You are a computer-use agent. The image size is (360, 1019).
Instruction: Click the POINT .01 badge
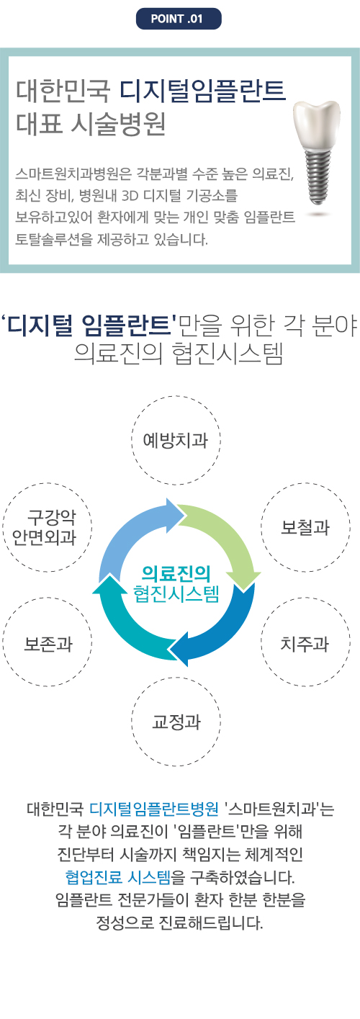pyautogui.click(x=179, y=19)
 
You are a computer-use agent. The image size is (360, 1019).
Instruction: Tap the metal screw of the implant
pyautogui.click(x=316, y=177)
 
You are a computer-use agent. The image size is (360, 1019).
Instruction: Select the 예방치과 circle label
pyautogui.click(x=176, y=440)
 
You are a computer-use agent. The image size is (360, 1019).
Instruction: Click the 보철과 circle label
pyautogui.click(x=305, y=527)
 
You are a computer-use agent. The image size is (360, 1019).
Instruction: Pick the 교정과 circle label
pyautogui.click(x=176, y=722)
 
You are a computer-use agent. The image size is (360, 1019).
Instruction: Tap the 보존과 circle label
pyautogui.click(x=48, y=643)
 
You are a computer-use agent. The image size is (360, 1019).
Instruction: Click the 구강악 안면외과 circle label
pyautogui.click(x=48, y=527)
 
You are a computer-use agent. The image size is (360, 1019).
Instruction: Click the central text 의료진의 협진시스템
pyautogui.click(x=176, y=583)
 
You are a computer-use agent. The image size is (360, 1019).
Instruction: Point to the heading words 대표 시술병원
pyautogui.click(x=91, y=124)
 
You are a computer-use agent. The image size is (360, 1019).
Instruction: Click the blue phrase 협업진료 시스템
pyautogui.click(x=118, y=876)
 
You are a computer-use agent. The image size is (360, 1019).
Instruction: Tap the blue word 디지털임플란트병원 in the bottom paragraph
pyautogui.click(x=153, y=809)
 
